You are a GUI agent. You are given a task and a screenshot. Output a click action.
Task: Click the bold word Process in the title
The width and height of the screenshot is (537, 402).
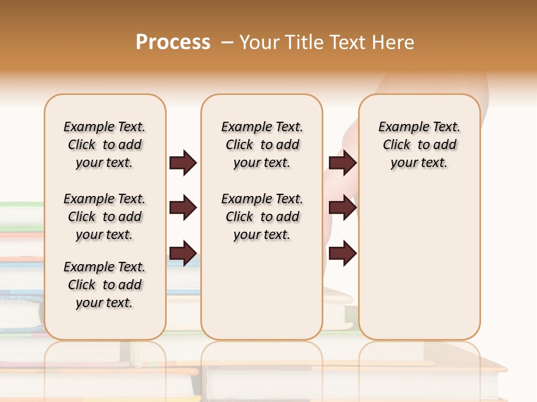pos(173,42)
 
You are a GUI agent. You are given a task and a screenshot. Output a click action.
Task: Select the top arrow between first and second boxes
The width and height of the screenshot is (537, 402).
pos(183,162)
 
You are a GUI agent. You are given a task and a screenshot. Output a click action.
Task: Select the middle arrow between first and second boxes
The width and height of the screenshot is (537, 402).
pos(183,208)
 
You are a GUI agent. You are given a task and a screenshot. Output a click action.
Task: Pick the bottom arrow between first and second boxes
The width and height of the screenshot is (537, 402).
pos(183,253)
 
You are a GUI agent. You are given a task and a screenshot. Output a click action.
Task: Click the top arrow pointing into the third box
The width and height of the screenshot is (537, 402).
pos(342,162)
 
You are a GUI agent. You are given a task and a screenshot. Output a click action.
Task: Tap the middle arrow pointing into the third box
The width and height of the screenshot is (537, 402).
pos(342,208)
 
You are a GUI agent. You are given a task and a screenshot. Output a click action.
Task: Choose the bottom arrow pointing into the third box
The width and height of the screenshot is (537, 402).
pos(342,253)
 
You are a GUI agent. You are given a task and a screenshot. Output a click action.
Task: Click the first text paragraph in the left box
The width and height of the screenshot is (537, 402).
pos(105,145)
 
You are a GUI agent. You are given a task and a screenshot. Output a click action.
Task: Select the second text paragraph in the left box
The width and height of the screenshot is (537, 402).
pos(105,217)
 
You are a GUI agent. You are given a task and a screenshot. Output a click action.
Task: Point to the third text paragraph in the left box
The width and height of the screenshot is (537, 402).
pos(105,285)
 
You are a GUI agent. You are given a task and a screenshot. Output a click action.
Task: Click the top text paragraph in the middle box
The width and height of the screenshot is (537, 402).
pos(262,145)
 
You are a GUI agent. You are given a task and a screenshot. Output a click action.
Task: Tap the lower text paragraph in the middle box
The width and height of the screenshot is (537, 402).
pos(262,217)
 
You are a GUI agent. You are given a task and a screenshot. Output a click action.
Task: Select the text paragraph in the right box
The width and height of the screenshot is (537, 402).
pos(419,145)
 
